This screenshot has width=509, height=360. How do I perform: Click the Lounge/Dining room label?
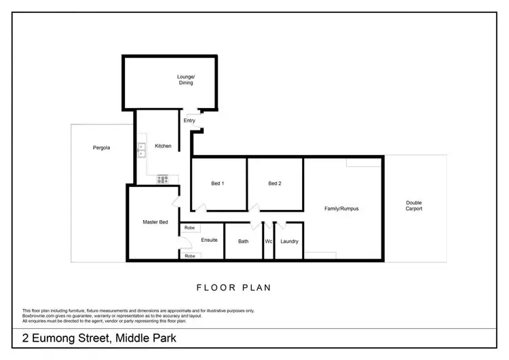coord(186,80)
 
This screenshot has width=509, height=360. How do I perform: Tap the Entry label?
coord(190,121)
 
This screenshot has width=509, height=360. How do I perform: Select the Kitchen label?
coord(163,146)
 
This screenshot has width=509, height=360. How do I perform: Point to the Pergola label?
coord(102,147)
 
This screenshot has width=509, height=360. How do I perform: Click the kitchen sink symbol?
coord(141,149)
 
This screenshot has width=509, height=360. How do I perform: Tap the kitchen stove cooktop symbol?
coord(163,180)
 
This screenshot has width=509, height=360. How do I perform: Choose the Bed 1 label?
coord(217,183)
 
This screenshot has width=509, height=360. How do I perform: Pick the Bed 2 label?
coord(274,183)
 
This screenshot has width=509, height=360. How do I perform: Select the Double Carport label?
coord(414,205)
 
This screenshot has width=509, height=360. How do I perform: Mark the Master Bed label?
coord(155,222)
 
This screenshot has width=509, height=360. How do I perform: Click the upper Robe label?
coord(189,228)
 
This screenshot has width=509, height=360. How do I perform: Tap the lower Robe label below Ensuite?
coord(189,256)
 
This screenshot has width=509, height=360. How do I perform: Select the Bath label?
coord(243,241)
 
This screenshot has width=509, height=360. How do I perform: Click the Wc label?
coord(269,241)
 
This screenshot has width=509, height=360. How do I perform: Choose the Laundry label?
coord(289,241)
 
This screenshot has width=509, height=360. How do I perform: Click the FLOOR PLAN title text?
coord(233,288)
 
